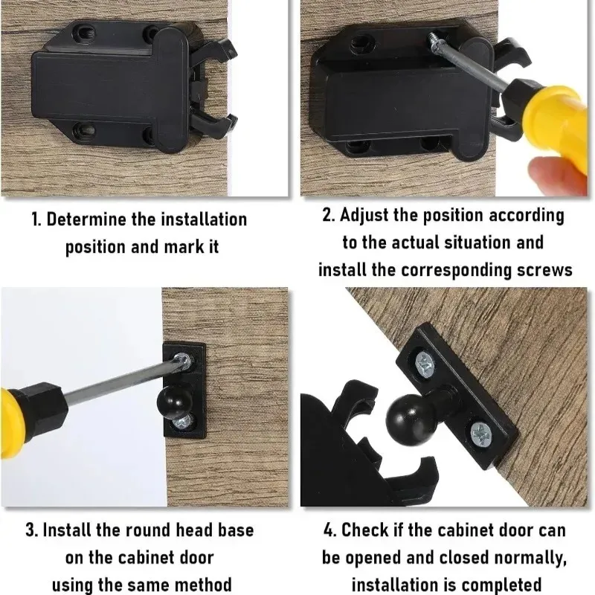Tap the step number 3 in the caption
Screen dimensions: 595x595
(31, 530)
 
